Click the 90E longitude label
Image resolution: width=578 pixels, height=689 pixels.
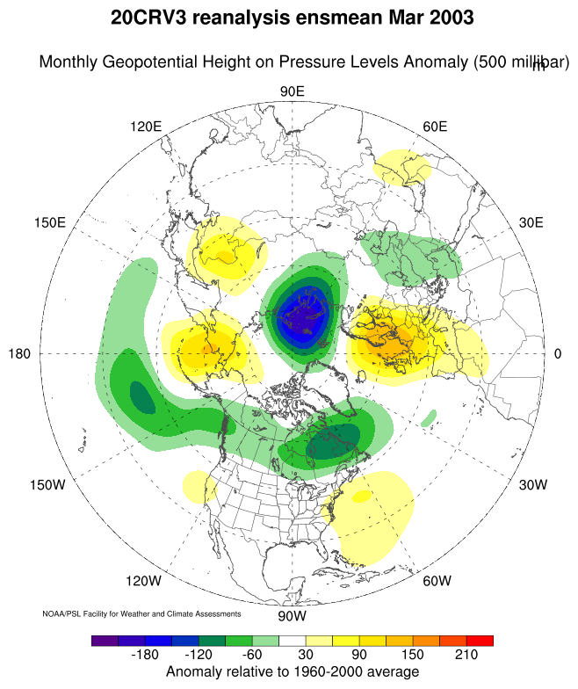click(x=292, y=92)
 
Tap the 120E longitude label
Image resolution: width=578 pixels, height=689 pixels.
click(x=146, y=127)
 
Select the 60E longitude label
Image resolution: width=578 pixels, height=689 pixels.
click(x=435, y=127)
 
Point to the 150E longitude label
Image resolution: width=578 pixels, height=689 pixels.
click(x=50, y=222)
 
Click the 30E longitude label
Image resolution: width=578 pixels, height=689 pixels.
click(x=531, y=222)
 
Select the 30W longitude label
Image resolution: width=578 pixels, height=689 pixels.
click(x=532, y=485)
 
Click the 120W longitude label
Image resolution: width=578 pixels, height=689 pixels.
click(x=143, y=581)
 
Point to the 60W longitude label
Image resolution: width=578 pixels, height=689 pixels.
click(x=437, y=581)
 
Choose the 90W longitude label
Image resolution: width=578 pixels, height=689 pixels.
click(x=292, y=615)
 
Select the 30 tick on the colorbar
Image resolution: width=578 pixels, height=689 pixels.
click(x=305, y=656)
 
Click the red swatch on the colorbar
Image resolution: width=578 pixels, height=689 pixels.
click(x=480, y=641)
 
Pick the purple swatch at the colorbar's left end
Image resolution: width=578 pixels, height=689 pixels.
click(x=105, y=641)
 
